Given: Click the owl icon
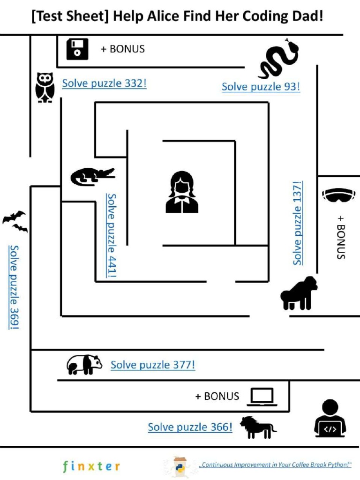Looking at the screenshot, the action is [x=45, y=87].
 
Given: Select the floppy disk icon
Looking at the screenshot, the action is [x=77, y=49].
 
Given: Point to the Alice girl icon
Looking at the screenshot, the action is [x=182, y=192].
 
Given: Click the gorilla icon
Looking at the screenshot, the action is [x=299, y=293].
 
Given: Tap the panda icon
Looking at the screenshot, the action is [x=84, y=364].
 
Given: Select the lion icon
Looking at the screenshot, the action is [x=258, y=427].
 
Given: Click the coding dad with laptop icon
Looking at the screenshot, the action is [x=330, y=418].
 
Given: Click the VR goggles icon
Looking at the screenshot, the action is [x=339, y=195].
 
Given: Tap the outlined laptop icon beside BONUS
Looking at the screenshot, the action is [x=262, y=397].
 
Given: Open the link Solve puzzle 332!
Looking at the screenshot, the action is [x=104, y=83].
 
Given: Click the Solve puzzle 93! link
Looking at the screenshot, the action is [x=261, y=87].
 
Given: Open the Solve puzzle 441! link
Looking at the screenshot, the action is [x=112, y=235].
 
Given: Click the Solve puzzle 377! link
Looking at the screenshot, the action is [x=153, y=365].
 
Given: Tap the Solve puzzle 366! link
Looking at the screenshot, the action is [x=190, y=427].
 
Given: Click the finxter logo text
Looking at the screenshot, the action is [x=91, y=466].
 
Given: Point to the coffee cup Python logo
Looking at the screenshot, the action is [x=180, y=466].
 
